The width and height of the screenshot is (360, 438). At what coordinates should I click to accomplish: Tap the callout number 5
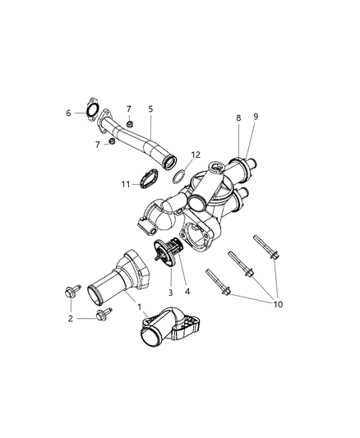(x=150, y=108)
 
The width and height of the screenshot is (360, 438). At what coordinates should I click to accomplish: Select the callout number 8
(x=238, y=118)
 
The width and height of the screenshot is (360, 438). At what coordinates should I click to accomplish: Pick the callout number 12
(x=195, y=154)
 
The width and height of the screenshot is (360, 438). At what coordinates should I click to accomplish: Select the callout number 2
(x=71, y=318)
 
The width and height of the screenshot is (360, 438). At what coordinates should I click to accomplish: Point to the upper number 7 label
(x=129, y=108)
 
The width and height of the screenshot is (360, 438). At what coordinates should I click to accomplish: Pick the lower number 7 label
(x=99, y=145)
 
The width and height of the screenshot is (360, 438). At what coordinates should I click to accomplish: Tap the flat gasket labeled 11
(x=146, y=180)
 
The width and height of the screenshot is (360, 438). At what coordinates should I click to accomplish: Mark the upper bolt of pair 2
(x=72, y=292)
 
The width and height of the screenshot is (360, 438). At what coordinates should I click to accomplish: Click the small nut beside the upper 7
(x=130, y=124)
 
